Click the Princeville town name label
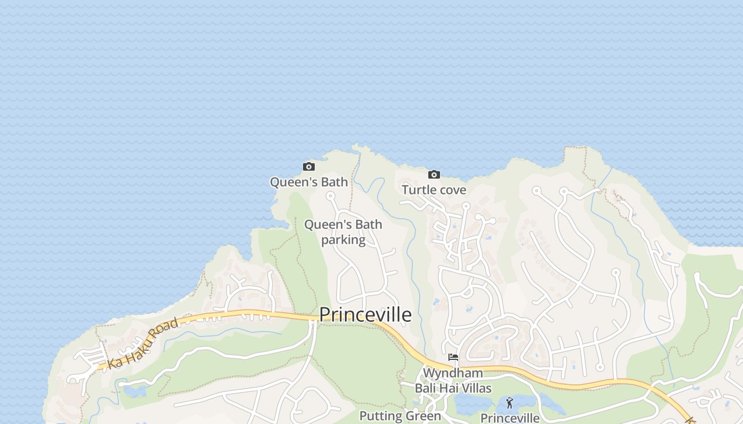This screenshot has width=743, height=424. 366,314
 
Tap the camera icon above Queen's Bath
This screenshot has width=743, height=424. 309,167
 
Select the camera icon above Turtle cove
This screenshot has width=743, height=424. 434,174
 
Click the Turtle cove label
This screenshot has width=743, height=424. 434,190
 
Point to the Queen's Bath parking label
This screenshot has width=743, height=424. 343,232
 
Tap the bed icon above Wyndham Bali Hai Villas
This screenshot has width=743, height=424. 453,357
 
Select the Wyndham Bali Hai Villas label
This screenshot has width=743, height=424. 453,380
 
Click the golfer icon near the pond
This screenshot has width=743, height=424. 509,403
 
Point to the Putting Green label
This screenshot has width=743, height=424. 400,416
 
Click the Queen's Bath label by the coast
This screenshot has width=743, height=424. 309,182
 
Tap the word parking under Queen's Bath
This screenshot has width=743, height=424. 343,240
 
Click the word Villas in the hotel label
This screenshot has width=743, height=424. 476,388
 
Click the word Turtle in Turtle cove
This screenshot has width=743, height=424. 418,190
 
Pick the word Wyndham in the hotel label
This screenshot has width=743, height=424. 453,373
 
